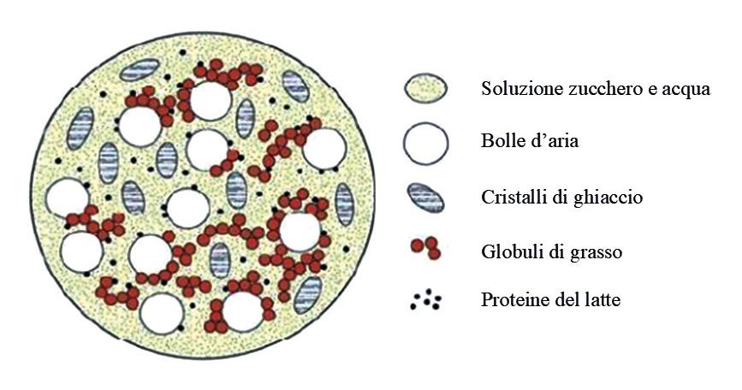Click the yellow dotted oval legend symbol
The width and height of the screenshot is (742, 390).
[x=425, y=89]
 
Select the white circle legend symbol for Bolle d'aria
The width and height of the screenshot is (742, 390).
[x=425, y=143]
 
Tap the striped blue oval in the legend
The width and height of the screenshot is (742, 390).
[x=425, y=198]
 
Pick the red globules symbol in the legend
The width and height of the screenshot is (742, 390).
[x=425, y=249]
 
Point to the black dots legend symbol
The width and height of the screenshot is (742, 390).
[x=425, y=299]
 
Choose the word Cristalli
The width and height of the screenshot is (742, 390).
[x=511, y=198]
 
